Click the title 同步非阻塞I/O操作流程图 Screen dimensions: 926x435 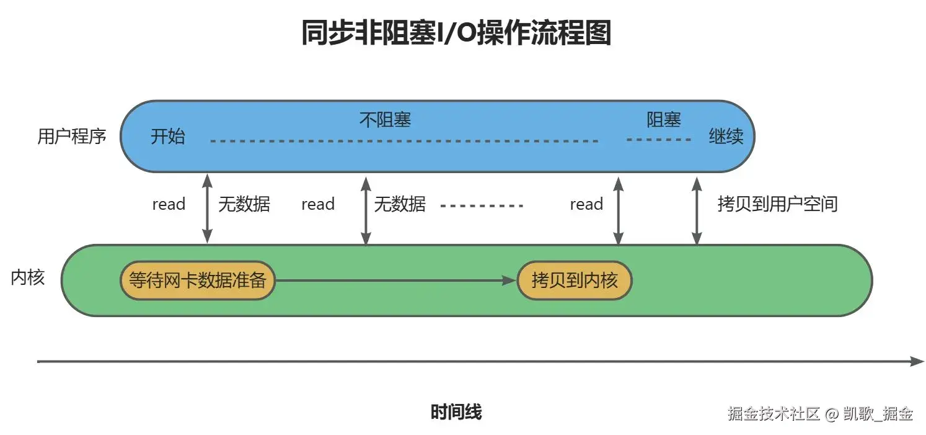tap(456, 32)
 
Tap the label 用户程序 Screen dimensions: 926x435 tap(72, 136)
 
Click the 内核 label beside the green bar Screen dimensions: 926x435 tap(28, 277)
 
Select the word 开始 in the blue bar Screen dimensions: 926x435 tap(167, 136)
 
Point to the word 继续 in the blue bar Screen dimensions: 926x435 tap(726, 136)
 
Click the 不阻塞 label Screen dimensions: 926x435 tap(385, 120)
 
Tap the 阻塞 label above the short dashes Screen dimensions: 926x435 tap(663, 120)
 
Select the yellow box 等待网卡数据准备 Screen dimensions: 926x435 tap(198, 280)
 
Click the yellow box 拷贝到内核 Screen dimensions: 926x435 tap(575, 280)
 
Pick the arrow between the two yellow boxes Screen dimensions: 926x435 tap(395, 280)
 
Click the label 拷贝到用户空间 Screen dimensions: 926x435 tap(778, 204)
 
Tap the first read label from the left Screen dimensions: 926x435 tap(169, 204)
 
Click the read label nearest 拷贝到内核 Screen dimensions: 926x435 tap(586, 204)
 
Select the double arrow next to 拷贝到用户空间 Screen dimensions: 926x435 tap(697, 210)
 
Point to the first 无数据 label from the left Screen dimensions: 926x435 tap(244, 204)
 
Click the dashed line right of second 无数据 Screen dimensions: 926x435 tap(482, 205)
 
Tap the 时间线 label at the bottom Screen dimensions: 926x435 tap(456, 412)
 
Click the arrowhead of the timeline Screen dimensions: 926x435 tap(918, 361)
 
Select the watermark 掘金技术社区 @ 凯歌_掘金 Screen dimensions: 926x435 tap(820, 413)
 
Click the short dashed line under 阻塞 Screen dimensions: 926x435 tap(658, 140)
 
